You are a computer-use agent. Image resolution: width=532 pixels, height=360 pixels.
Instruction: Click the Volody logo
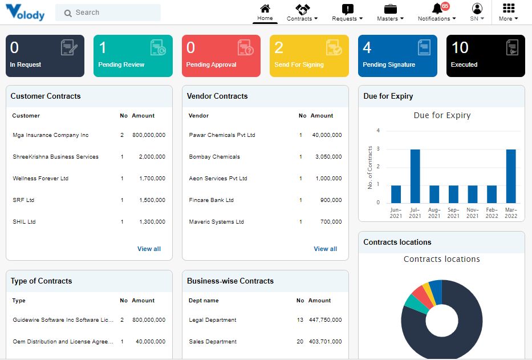tap(25, 12)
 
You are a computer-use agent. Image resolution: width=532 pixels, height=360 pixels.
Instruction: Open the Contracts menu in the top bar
tap(302, 13)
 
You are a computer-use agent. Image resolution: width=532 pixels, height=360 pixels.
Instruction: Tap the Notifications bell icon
tap(437, 9)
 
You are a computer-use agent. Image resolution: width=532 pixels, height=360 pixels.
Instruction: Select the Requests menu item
tap(347, 13)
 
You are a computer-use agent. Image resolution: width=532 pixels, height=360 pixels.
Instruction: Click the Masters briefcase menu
tap(390, 13)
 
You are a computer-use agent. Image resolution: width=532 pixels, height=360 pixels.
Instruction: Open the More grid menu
tap(509, 13)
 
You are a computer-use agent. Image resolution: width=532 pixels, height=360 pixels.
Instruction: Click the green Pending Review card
tap(133, 56)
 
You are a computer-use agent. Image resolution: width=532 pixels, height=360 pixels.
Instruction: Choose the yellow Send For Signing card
tap(309, 56)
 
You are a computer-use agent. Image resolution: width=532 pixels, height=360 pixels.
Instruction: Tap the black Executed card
tap(485, 56)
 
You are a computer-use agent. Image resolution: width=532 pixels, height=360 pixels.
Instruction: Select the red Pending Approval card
tap(221, 56)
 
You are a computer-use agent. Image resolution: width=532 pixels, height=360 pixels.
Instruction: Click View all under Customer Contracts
tap(149, 249)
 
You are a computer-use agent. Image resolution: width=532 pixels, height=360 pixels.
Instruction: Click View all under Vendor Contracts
tap(325, 249)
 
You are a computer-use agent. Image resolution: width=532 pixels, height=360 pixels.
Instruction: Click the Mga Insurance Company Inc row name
tap(51, 135)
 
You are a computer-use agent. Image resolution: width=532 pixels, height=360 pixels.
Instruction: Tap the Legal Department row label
tap(213, 320)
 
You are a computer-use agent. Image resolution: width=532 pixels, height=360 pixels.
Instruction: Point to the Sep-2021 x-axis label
tap(453, 213)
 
